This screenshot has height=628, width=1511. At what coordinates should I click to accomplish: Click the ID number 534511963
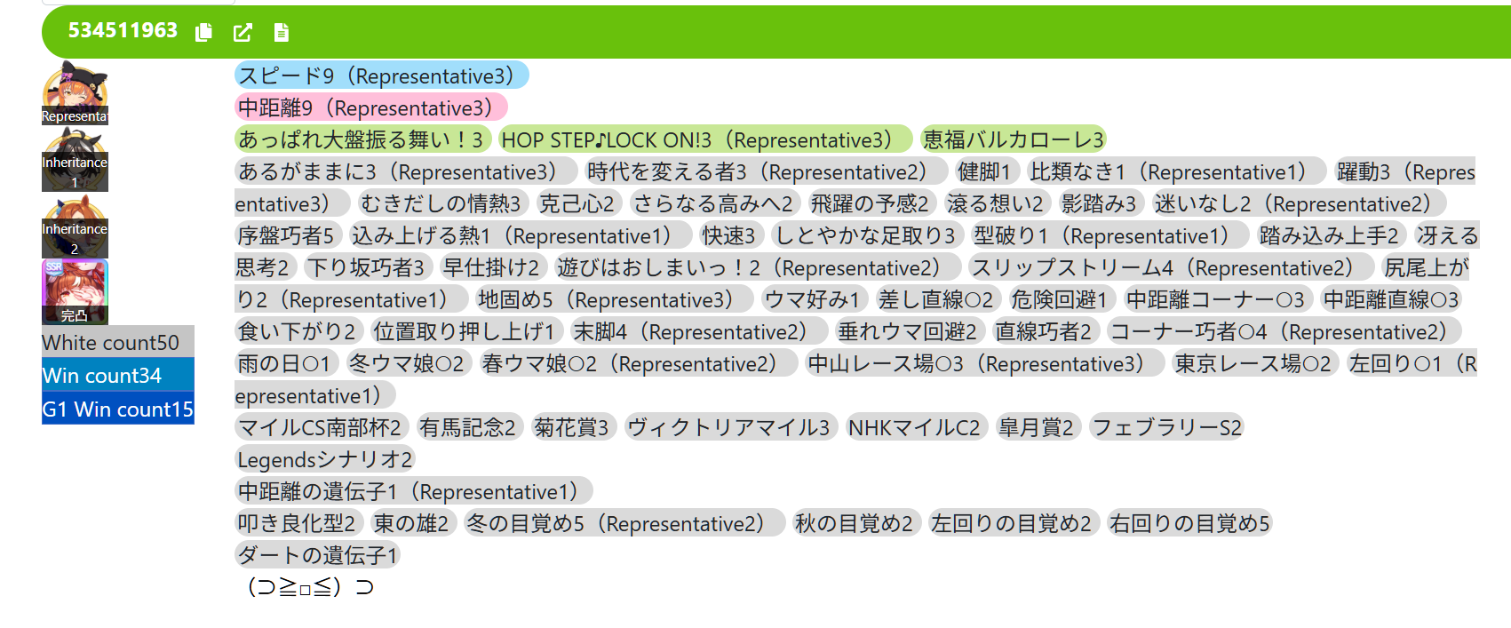pos(123,30)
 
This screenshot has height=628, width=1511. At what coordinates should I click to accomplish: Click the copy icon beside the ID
pos(203,32)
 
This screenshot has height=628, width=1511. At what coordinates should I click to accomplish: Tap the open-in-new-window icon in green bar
pos(243,32)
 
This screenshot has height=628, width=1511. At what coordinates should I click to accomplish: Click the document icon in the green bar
pos(282,32)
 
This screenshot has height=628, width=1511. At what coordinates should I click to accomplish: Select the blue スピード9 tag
pos(382,76)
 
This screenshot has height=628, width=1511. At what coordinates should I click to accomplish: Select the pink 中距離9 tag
pos(371,107)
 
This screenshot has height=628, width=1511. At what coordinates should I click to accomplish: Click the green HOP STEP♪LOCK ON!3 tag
pos(705,139)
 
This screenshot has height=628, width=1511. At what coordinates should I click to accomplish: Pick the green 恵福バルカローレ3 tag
pos(1014,139)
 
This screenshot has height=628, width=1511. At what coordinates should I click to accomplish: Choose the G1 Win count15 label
pos(118,409)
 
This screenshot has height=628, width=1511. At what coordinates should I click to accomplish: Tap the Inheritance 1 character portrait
pos(75,160)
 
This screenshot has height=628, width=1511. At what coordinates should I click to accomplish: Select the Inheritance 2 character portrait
pos(75,227)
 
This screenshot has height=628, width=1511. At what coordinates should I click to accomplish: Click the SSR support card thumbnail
pos(75,292)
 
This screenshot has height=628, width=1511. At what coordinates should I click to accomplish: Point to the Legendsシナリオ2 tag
pos(325,459)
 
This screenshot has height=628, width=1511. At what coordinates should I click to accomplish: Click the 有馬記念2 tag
pos(467,427)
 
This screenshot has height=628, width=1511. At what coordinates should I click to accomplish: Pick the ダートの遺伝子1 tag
pos(318,555)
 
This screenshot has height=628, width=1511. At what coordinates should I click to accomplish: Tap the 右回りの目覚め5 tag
pos(1190,523)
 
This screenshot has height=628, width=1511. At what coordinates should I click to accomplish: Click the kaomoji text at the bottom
pos(310,587)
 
